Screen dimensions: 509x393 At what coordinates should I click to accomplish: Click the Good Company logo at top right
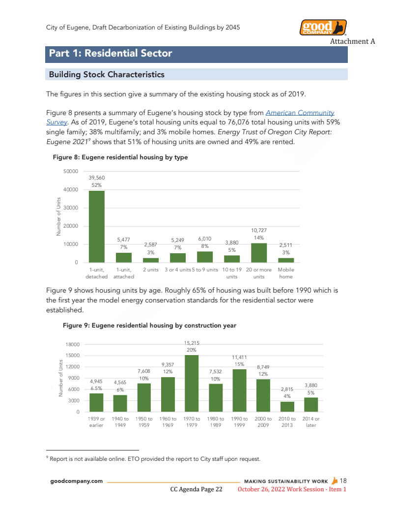[323, 28]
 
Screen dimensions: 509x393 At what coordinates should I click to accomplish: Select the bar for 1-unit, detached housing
[96, 226]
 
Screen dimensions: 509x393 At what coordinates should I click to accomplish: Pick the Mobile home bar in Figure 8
[286, 260]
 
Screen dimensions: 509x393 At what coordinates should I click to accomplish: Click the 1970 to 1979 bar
[192, 383]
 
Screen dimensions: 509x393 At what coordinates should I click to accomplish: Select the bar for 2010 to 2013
[287, 407]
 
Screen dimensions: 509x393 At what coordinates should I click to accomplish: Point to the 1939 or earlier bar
[96, 402]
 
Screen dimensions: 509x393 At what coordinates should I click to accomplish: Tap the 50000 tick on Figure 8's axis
[71, 171]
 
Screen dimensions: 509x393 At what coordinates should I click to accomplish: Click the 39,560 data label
[96, 178]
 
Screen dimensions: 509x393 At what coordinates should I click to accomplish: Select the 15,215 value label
[192, 343]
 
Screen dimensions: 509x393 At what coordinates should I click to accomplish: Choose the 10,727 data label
[259, 230]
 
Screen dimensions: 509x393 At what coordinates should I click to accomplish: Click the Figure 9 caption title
[149, 326]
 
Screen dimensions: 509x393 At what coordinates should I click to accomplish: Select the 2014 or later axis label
[311, 422]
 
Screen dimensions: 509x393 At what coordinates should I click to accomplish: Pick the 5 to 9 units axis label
[205, 270]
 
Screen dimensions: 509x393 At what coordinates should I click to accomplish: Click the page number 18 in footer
[343, 480]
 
